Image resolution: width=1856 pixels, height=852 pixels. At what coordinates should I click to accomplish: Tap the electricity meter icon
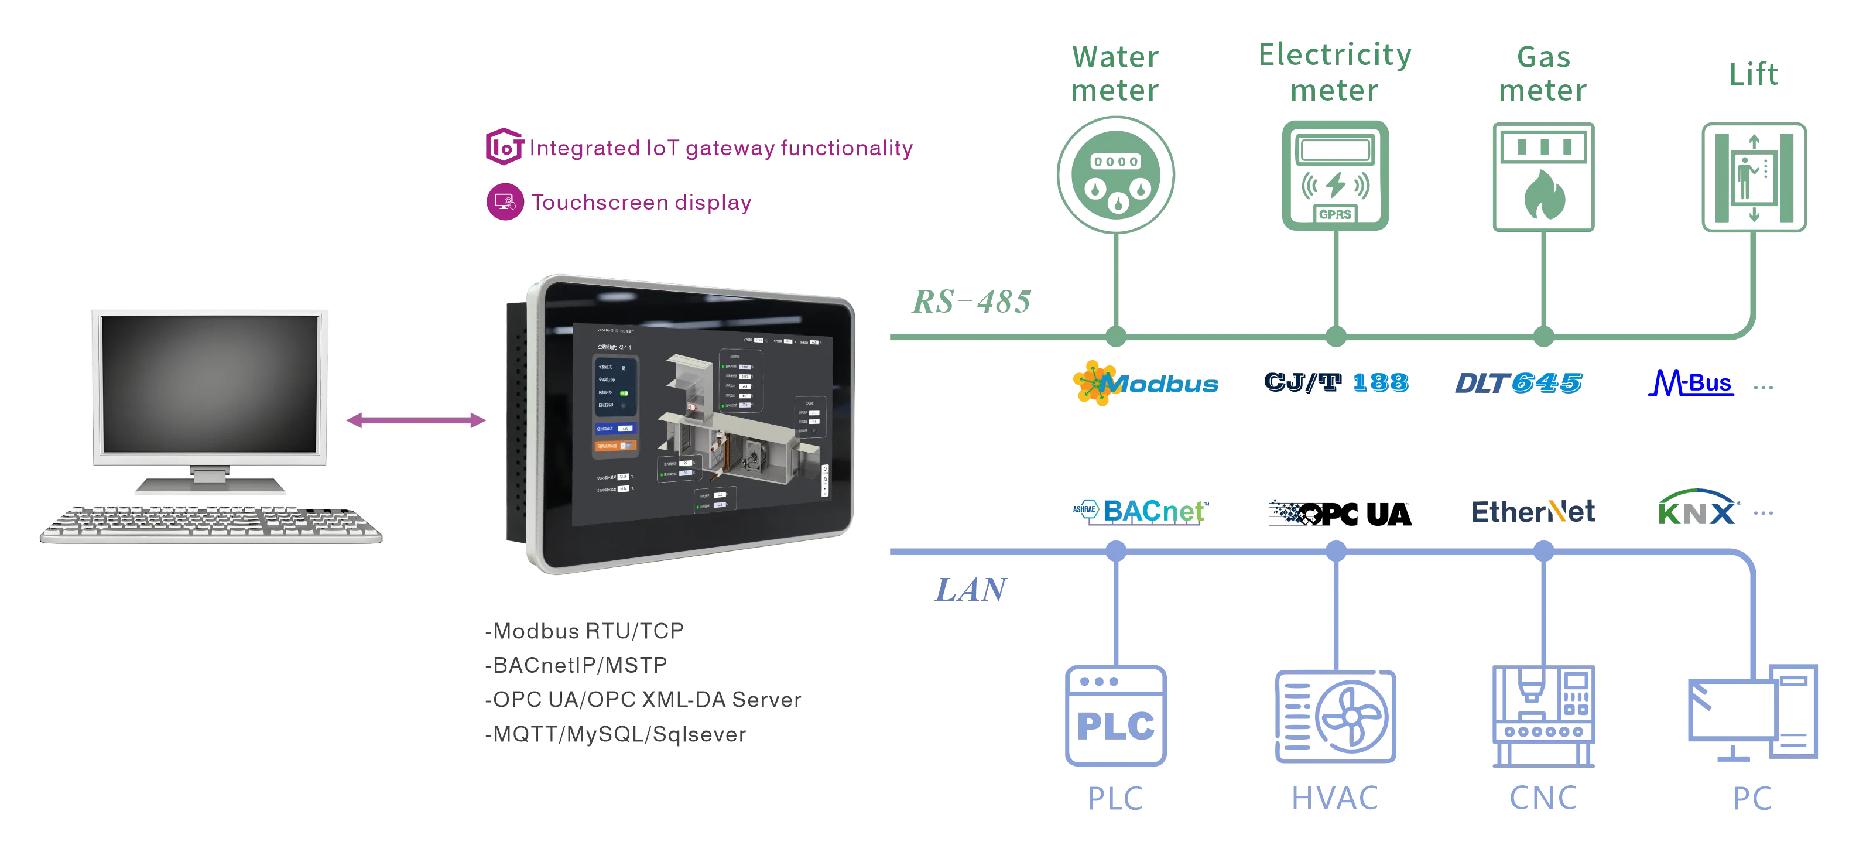1334,176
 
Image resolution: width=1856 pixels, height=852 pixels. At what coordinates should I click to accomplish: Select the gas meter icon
1543,177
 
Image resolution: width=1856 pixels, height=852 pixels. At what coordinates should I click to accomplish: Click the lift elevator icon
1754,177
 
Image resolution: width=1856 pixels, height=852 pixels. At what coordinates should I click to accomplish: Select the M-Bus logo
1690,384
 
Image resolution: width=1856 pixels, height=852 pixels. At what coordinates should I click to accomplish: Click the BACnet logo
1138,511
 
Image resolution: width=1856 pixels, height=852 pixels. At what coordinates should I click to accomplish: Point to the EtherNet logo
1533,512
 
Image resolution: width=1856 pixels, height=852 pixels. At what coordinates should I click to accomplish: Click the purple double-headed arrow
416,421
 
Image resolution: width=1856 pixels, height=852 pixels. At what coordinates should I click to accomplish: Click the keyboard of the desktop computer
210,525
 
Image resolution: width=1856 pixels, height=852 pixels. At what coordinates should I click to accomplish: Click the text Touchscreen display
641,203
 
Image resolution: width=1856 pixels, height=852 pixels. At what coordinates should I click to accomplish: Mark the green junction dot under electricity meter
1335,336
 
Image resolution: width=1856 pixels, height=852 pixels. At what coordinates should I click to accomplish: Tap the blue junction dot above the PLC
1115,552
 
